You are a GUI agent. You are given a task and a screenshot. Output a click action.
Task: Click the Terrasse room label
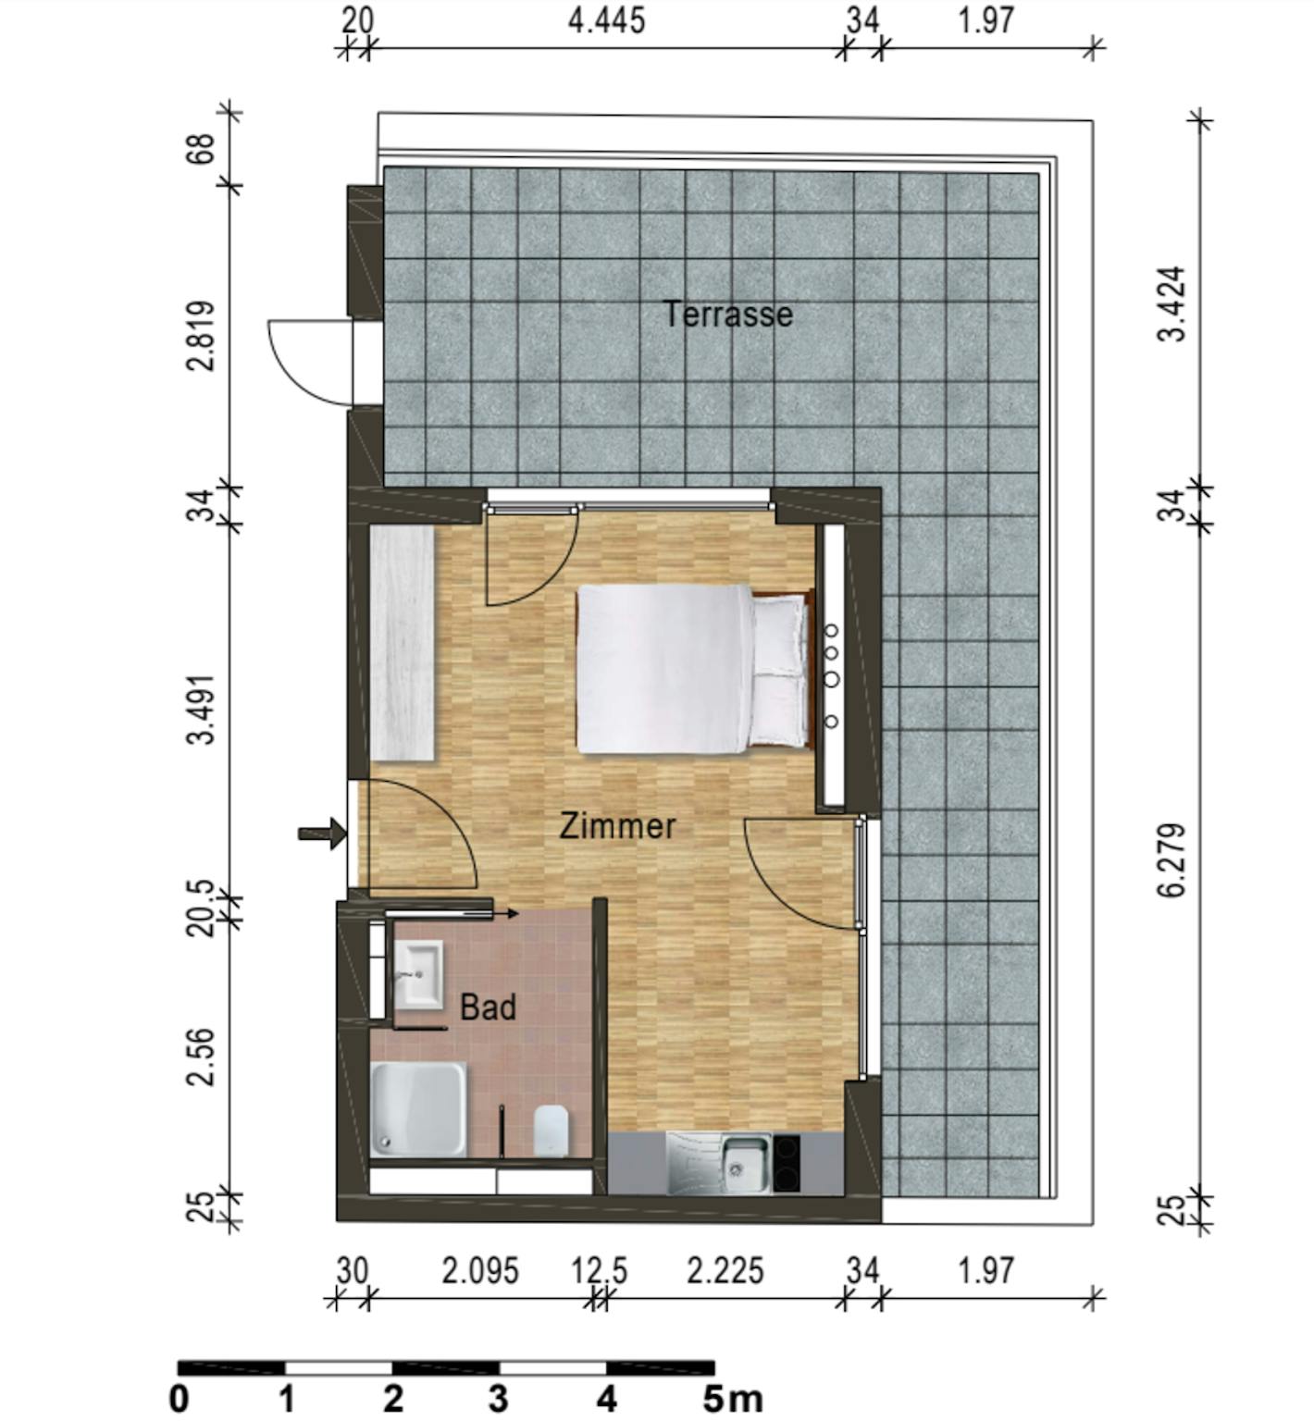click(728, 315)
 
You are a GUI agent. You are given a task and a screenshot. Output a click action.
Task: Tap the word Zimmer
click(617, 825)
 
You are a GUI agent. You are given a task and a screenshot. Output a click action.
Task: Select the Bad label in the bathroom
click(488, 1007)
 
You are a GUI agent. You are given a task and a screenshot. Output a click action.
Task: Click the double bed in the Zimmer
click(692, 668)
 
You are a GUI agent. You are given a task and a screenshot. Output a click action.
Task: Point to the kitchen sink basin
click(744, 1163)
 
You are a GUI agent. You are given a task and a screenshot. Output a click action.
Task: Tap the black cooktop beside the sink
click(788, 1163)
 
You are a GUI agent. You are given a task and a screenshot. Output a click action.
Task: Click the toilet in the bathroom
click(551, 1129)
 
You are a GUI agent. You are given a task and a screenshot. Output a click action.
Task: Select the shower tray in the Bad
click(418, 1109)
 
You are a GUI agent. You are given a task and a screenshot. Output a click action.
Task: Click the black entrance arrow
click(322, 834)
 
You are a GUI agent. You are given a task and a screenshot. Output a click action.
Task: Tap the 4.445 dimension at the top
click(606, 20)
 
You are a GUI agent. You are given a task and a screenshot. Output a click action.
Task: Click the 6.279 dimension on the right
click(1172, 860)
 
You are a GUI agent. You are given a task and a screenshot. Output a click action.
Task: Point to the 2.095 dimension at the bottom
click(480, 1271)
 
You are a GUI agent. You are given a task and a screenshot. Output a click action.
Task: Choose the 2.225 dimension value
click(725, 1271)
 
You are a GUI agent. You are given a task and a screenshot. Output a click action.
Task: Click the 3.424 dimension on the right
click(1172, 304)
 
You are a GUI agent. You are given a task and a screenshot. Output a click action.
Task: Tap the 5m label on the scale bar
click(732, 1399)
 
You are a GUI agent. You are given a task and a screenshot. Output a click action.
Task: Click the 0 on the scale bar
click(180, 1399)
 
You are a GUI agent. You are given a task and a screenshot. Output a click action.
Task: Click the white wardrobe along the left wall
click(403, 643)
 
